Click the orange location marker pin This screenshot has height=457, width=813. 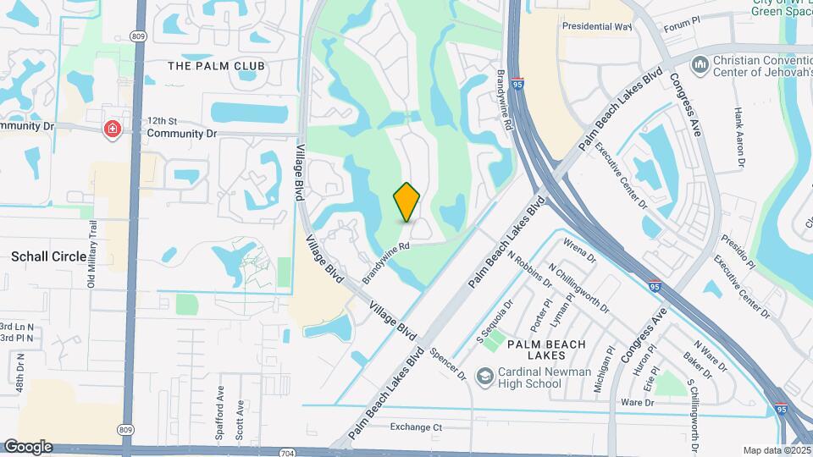[406, 202]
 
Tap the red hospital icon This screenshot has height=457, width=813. [111, 129]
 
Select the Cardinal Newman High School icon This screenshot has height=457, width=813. [484, 376]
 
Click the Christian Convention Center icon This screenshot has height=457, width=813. [700, 64]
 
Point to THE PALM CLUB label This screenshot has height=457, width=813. [216, 66]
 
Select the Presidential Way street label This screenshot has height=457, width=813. [597, 26]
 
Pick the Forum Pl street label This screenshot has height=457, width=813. [684, 27]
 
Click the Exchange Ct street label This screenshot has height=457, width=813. [416, 427]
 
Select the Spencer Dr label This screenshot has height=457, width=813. [448, 363]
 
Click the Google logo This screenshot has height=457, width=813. [28, 446]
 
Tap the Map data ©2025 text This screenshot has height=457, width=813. [775, 450]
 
